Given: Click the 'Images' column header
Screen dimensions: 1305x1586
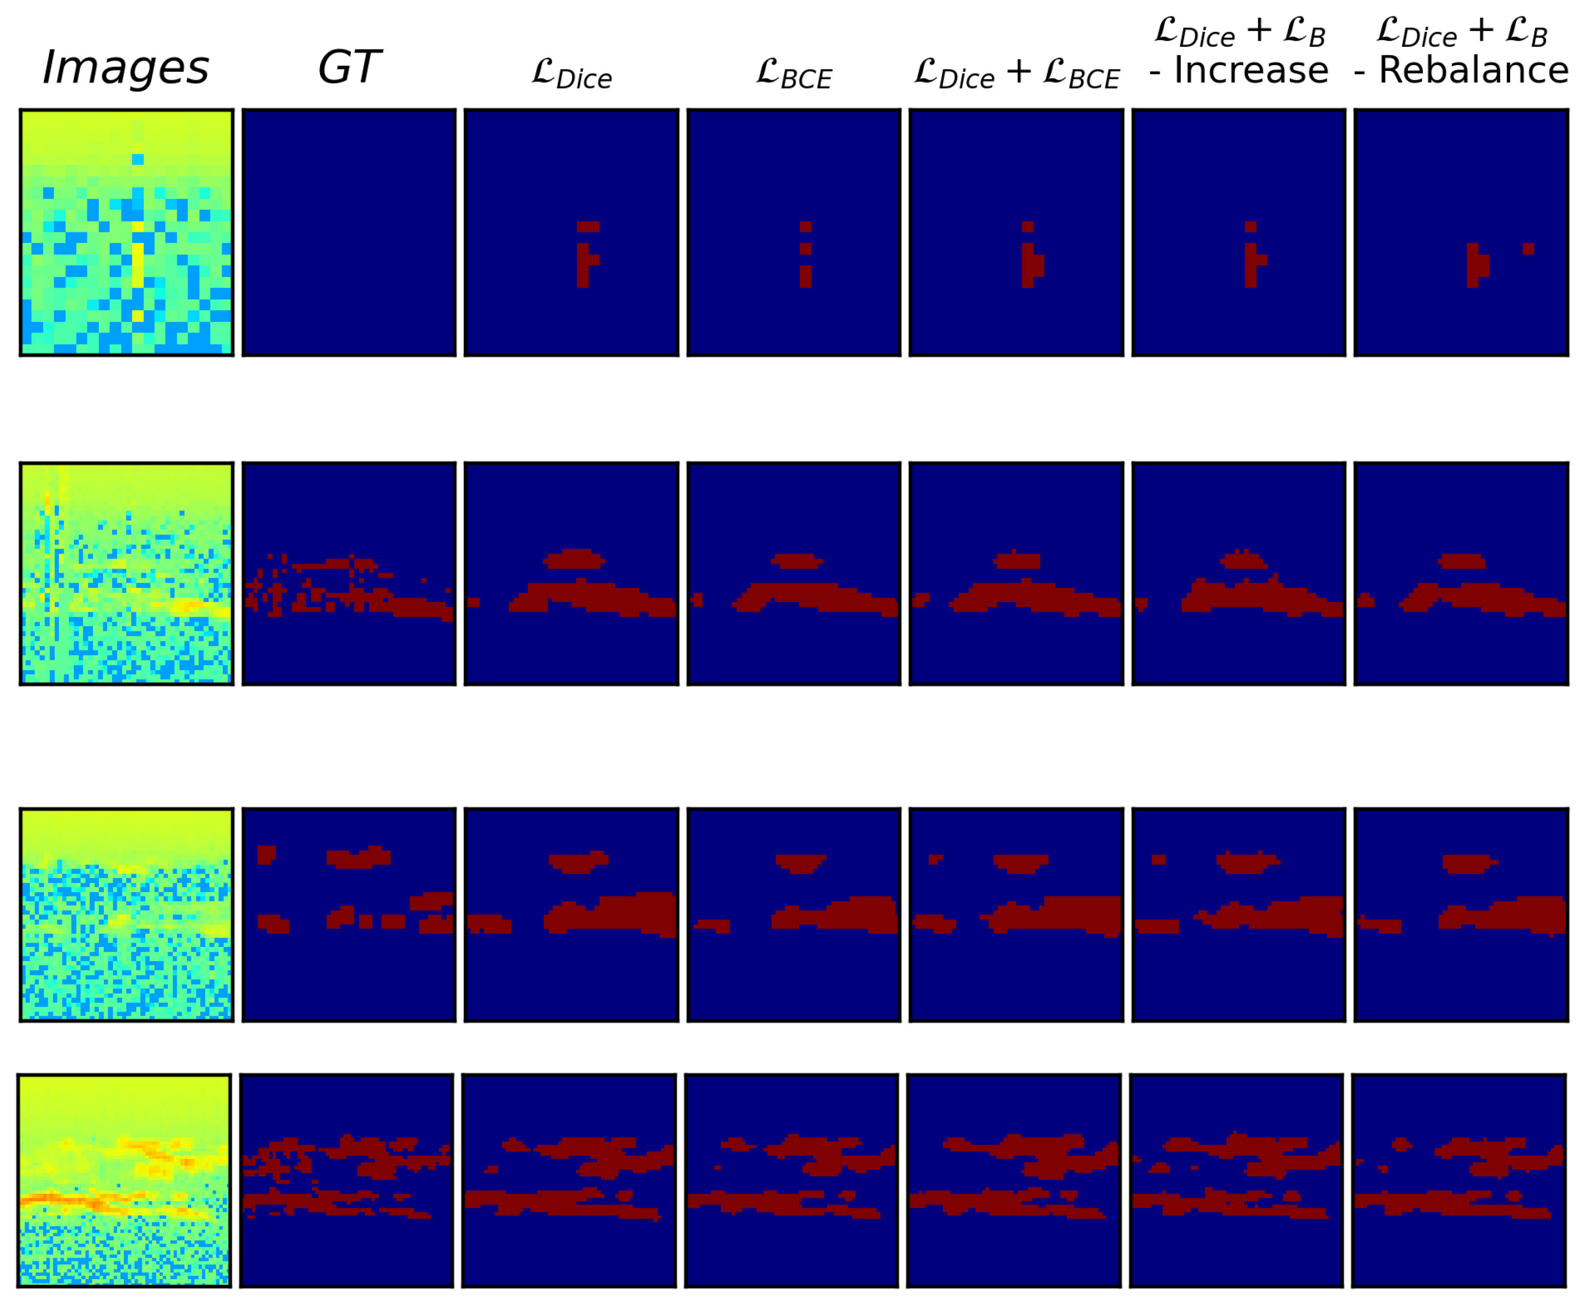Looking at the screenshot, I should (126, 67).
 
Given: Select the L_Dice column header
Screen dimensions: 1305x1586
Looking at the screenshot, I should (572, 74).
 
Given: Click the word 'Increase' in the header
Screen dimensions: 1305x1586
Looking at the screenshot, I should (1251, 70).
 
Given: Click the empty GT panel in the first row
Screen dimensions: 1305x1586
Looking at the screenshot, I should (349, 232).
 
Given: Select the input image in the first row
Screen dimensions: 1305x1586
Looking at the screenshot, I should (126, 232).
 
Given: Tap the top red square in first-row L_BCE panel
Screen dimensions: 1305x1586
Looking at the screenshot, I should (805, 227).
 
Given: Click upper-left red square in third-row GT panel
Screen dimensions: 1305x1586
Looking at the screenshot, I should (266, 855).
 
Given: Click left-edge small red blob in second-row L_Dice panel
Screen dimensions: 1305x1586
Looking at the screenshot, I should (473, 602).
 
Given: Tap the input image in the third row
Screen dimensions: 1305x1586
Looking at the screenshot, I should (126, 915).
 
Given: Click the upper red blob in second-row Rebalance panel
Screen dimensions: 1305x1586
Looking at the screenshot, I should (1461, 561).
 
